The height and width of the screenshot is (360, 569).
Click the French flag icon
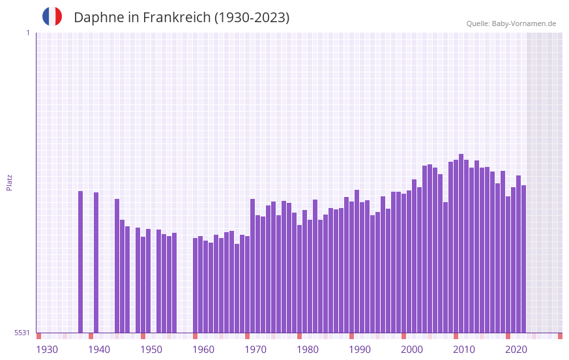(x=52, y=17)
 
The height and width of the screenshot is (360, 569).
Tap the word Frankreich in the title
(x=175, y=18)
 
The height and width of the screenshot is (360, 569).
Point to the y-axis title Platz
(x=9, y=182)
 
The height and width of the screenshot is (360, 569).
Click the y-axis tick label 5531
(x=22, y=333)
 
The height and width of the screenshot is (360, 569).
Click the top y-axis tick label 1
(x=27, y=33)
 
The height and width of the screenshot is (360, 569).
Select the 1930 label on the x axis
(x=47, y=350)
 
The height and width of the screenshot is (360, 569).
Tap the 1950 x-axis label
(x=151, y=350)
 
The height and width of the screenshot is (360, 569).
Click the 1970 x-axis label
(x=255, y=350)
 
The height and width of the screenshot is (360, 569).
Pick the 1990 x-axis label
(x=360, y=350)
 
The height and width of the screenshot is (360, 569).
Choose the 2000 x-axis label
(x=412, y=350)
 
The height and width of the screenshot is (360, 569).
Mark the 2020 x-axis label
(x=516, y=350)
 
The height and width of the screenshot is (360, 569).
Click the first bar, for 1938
(x=81, y=262)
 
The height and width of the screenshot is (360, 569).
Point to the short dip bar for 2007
(x=446, y=267)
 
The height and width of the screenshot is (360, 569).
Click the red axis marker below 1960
(x=195, y=336)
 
